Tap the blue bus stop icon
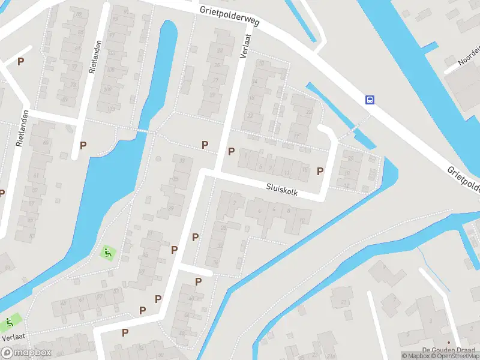point(370,100)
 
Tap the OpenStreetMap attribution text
point(457,356)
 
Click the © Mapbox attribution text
point(415,356)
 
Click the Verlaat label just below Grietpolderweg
point(245,46)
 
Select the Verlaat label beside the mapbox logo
point(13,338)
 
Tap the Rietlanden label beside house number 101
point(94,56)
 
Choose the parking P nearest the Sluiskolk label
point(320,172)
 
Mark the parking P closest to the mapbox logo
point(125,332)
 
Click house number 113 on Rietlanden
point(110,109)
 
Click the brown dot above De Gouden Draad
point(448,343)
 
